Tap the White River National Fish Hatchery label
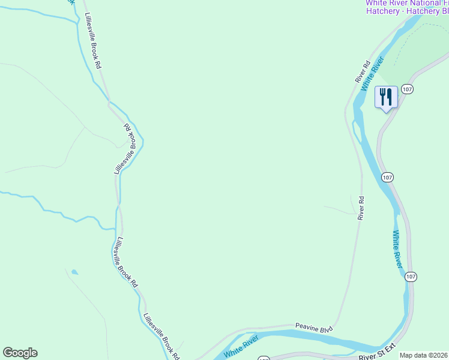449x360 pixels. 407,7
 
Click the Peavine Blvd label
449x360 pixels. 314,327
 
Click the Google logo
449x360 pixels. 20,353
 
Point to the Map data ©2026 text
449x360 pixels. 424,355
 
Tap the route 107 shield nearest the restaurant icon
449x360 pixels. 408,89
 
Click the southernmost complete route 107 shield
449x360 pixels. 410,276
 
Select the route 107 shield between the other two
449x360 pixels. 387,177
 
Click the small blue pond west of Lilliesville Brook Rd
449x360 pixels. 74,272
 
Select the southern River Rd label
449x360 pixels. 361,208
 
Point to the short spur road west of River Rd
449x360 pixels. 340,209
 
